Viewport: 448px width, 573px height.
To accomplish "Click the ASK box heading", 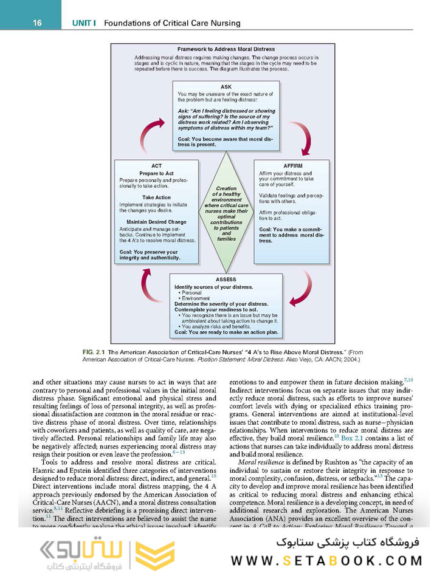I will [226, 87].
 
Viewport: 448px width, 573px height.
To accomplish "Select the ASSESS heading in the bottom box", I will [226, 280].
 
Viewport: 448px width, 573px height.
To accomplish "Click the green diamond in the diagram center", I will [226, 213].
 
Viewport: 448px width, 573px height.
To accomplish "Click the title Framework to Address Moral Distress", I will [226, 49].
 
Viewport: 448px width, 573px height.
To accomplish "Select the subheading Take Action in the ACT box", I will [156, 197].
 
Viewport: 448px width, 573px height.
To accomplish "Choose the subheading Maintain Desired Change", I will [156, 222].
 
